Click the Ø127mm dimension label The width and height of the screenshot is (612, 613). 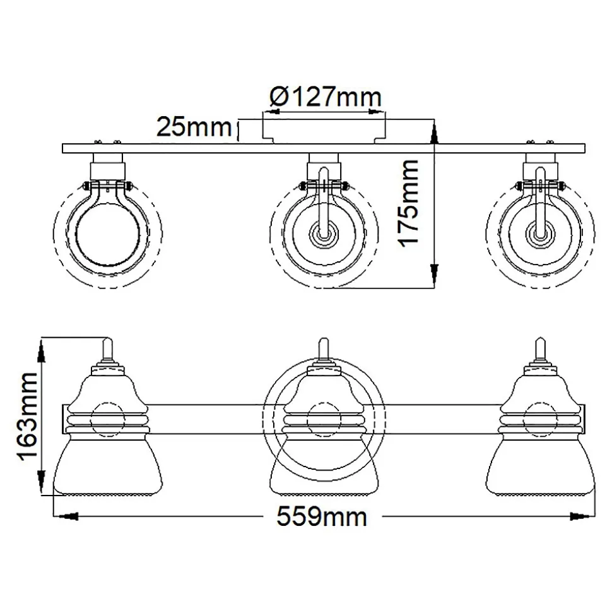[325, 97]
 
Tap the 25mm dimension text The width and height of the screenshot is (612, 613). [194, 127]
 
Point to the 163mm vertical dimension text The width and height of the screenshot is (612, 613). [26, 417]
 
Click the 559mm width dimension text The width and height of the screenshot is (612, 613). [322, 516]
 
